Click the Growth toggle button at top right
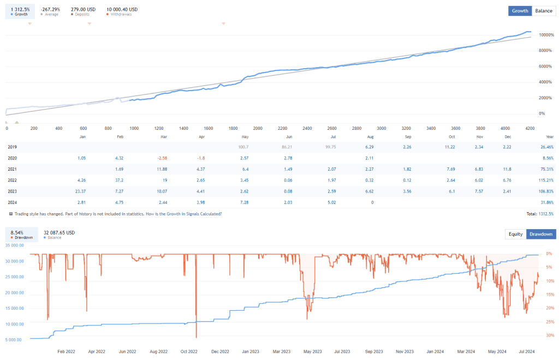point(520,10)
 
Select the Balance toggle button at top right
point(543,10)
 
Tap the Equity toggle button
point(515,234)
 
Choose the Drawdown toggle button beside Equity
point(540,234)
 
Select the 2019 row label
point(13,147)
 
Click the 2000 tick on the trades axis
point(258,128)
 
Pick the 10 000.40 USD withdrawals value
point(122,9)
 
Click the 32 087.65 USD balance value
point(59,232)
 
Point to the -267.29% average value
point(51,9)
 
